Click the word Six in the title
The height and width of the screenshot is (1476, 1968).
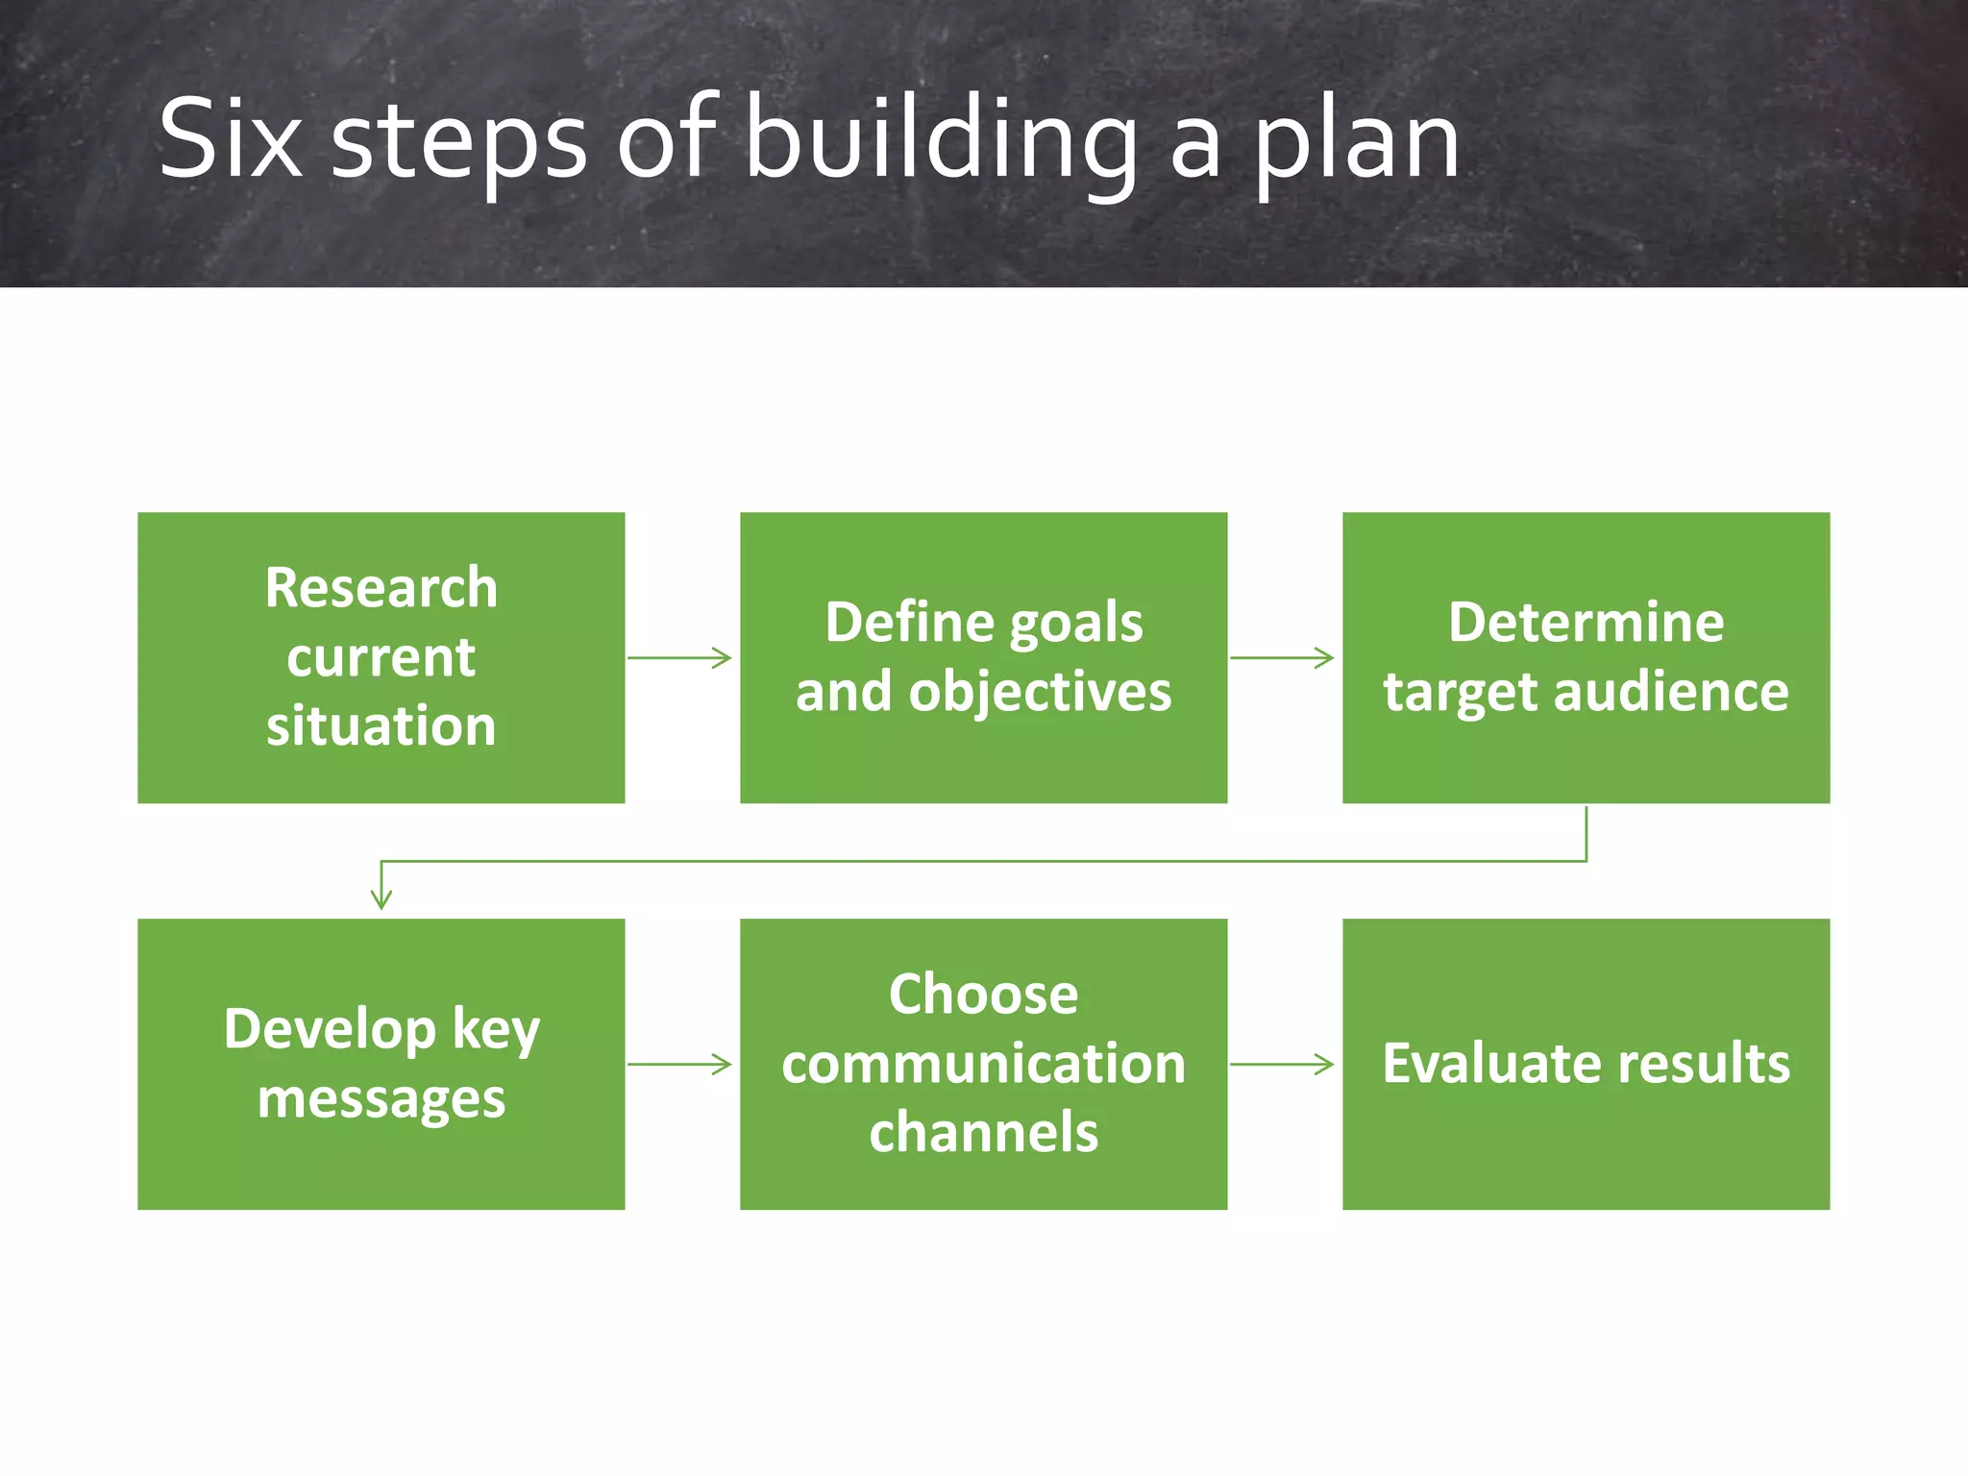pyautogui.click(x=230, y=139)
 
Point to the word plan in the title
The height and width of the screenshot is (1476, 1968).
pyautogui.click(x=1358, y=144)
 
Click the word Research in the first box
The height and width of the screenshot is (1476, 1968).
pyautogui.click(x=381, y=587)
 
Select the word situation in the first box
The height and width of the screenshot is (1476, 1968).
pyautogui.click(x=381, y=726)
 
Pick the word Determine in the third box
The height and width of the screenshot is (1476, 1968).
pyautogui.click(x=1586, y=622)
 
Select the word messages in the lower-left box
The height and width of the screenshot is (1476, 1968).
pyautogui.click(x=381, y=1098)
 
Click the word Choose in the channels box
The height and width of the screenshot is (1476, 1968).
pyautogui.click(x=983, y=994)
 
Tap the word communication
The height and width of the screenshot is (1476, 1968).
pyautogui.click(x=983, y=1064)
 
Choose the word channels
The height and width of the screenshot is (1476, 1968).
pyautogui.click(x=983, y=1133)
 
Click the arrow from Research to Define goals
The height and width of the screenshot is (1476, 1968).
pyautogui.click(x=680, y=658)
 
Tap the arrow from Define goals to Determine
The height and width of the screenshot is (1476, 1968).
pyautogui.click(x=1283, y=658)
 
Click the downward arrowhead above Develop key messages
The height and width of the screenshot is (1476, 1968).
pyautogui.click(x=381, y=898)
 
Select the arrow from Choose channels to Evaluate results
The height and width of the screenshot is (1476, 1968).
pyautogui.click(x=1283, y=1064)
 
